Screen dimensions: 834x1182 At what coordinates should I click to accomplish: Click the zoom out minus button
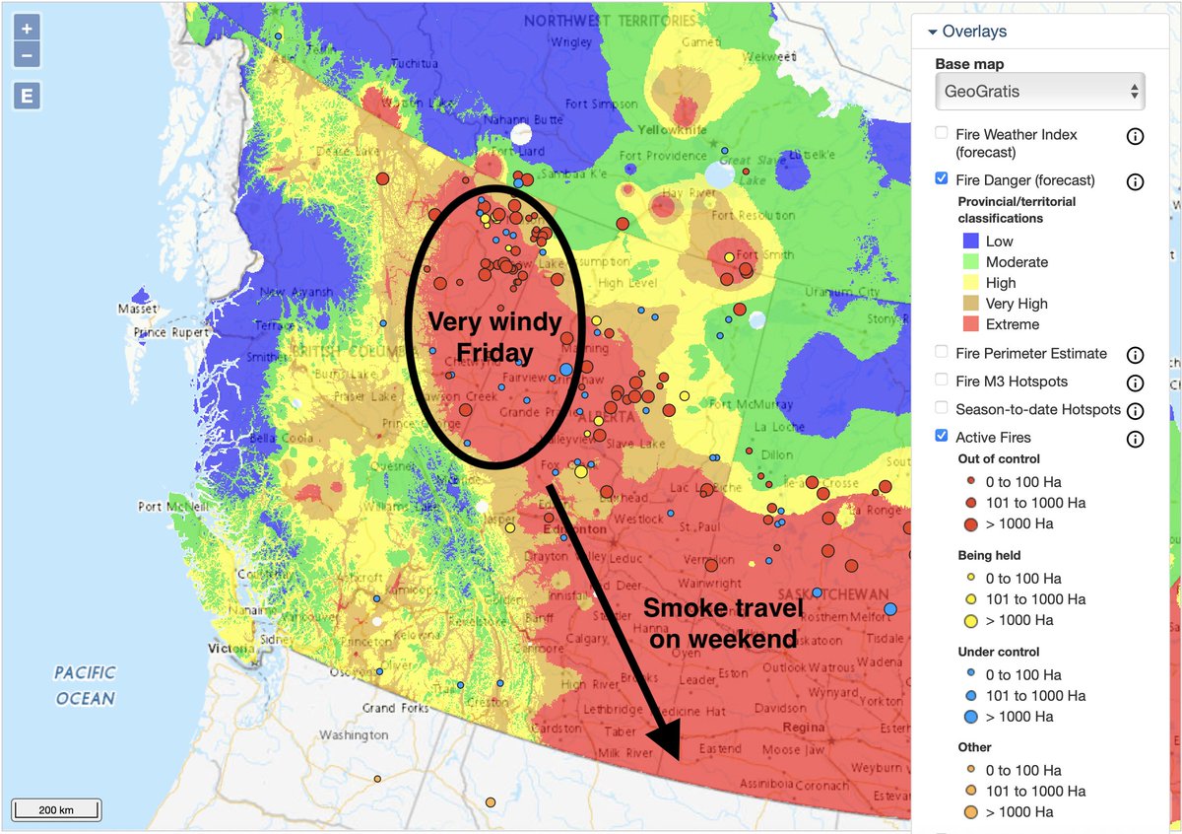click(x=28, y=55)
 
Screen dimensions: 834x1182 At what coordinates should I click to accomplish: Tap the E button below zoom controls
click(x=28, y=96)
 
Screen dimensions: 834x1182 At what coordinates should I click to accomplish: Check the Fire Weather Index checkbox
click(x=942, y=133)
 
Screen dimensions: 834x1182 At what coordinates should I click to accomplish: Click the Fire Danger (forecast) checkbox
click(x=942, y=179)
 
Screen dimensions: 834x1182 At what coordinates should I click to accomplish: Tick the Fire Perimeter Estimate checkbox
click(x=942, y=352)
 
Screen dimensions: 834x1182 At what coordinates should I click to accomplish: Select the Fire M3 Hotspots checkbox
click(x=942, y=381)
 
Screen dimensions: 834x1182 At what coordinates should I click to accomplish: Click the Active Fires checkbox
click(x=942, y=436)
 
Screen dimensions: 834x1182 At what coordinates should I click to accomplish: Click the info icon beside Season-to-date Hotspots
click(x=1135, y=409)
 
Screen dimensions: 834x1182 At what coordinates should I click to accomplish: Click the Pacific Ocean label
click(x=85, y=684)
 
